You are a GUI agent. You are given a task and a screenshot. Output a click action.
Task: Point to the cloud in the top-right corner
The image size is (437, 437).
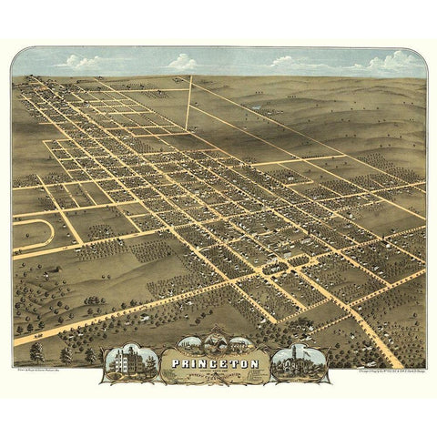click(x=396, y=62)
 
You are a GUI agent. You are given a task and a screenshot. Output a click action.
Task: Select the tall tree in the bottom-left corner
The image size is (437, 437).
click(x=36, y=351)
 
